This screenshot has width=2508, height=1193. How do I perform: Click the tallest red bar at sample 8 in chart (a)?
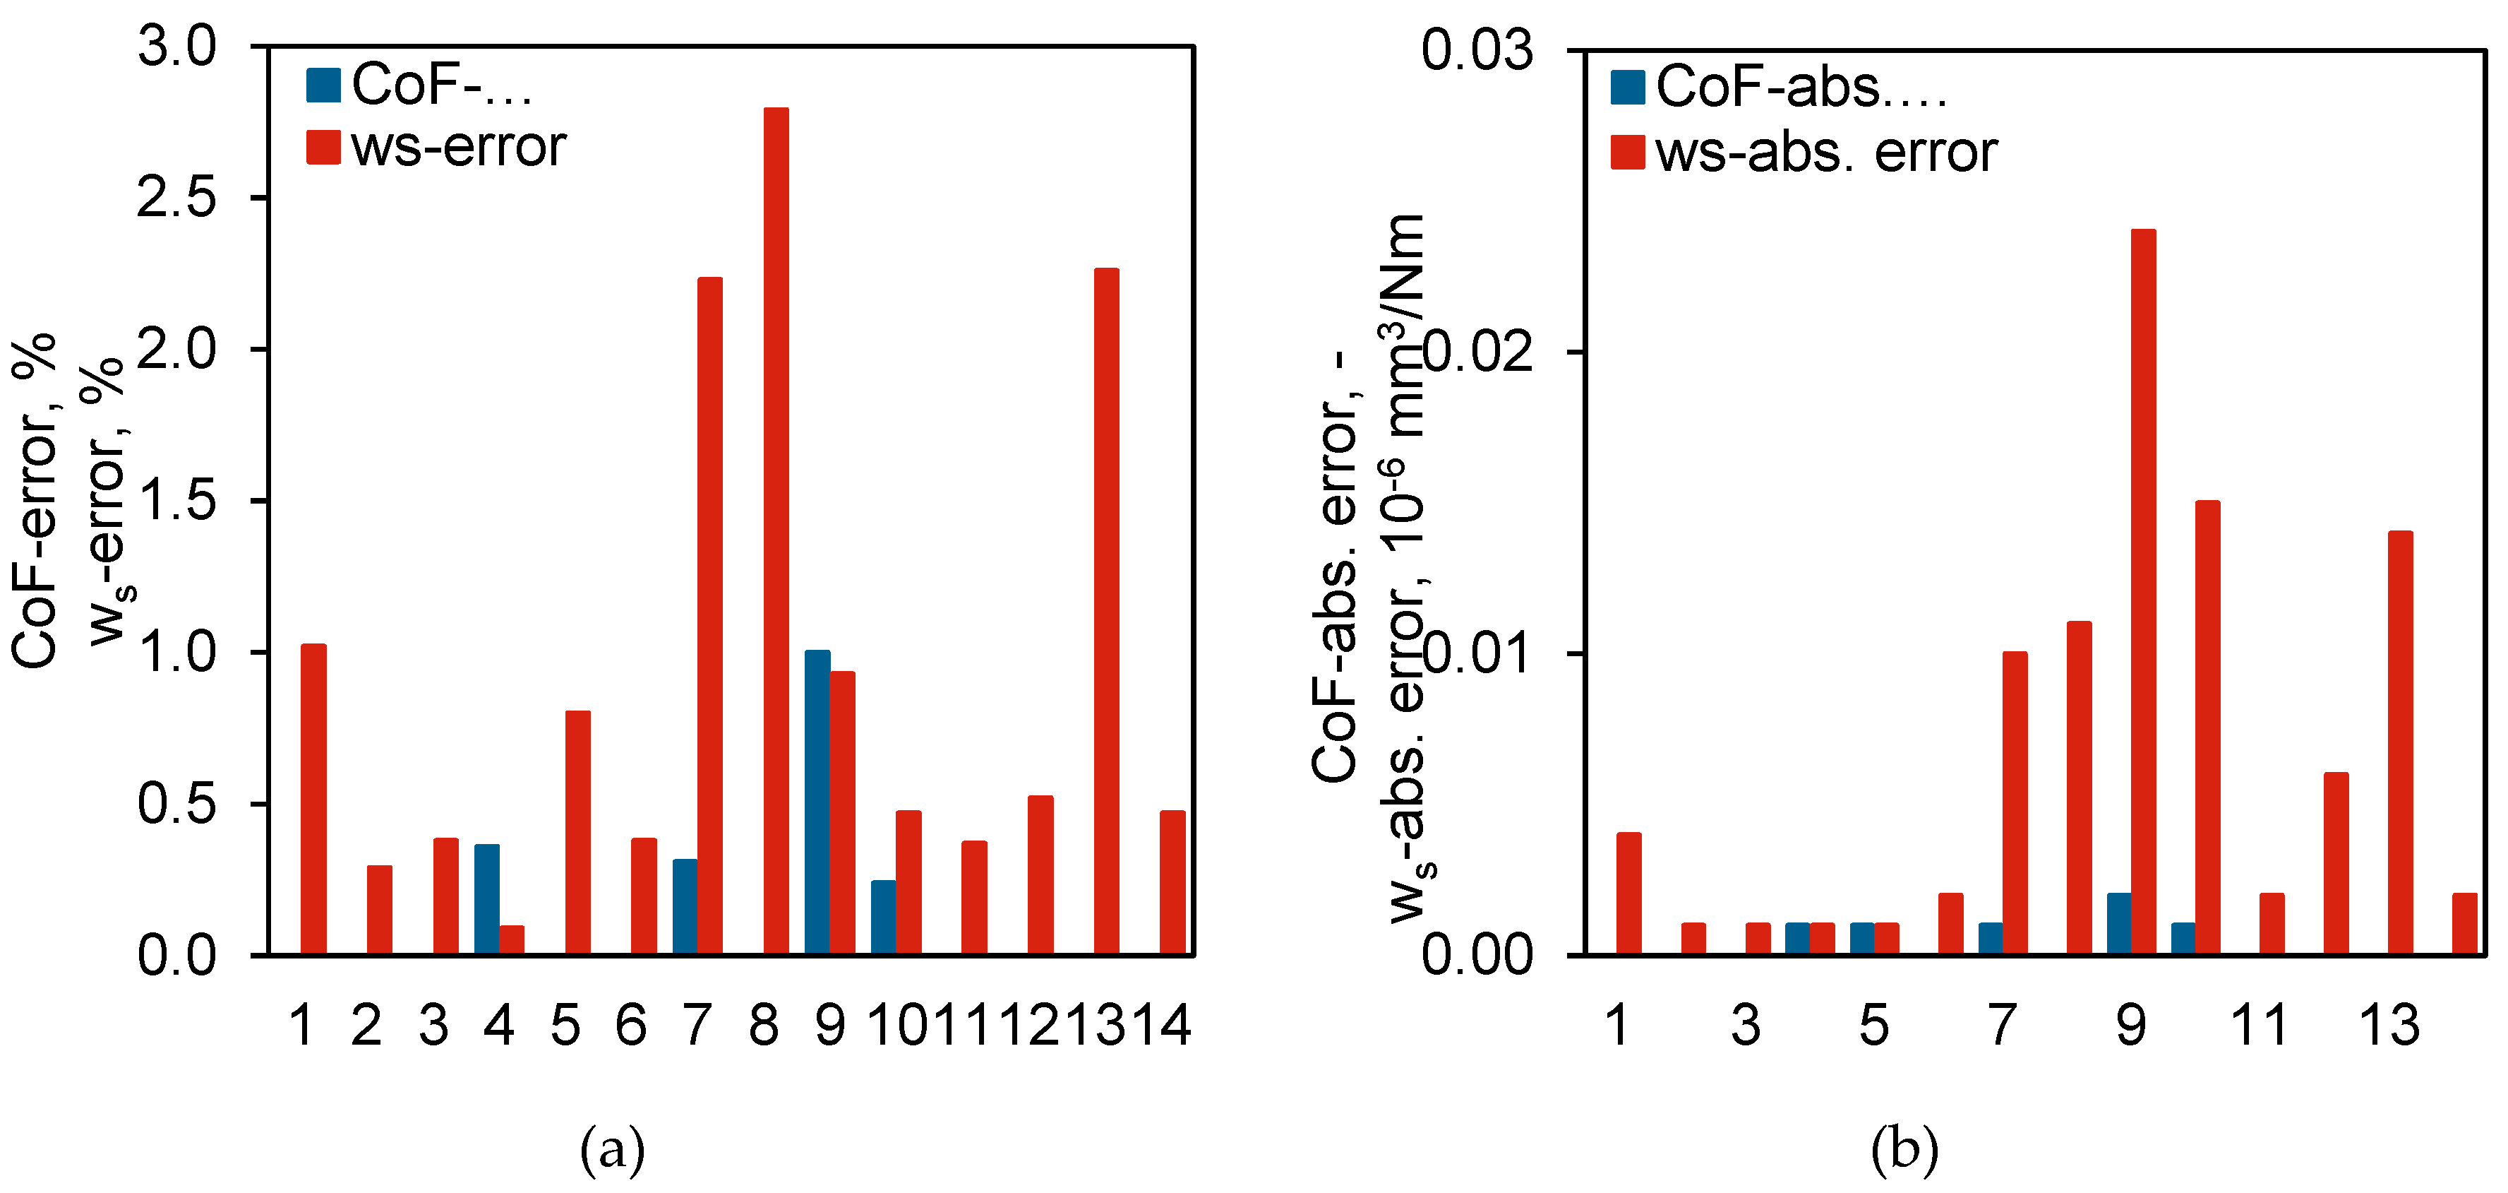pos(776,530)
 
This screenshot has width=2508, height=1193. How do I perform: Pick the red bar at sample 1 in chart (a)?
pos(313,799)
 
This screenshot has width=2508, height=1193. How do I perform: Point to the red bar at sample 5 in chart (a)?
pos(577,833)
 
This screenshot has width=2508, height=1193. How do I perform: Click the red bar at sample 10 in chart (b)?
pos(2207,728)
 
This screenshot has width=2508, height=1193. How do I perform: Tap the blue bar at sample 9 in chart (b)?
pos(2118,923)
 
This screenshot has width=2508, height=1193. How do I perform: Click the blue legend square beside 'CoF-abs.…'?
pos(1627,87)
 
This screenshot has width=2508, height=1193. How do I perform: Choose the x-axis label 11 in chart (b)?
pos(2258,1026)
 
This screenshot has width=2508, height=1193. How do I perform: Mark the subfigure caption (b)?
pos(1904,1149)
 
